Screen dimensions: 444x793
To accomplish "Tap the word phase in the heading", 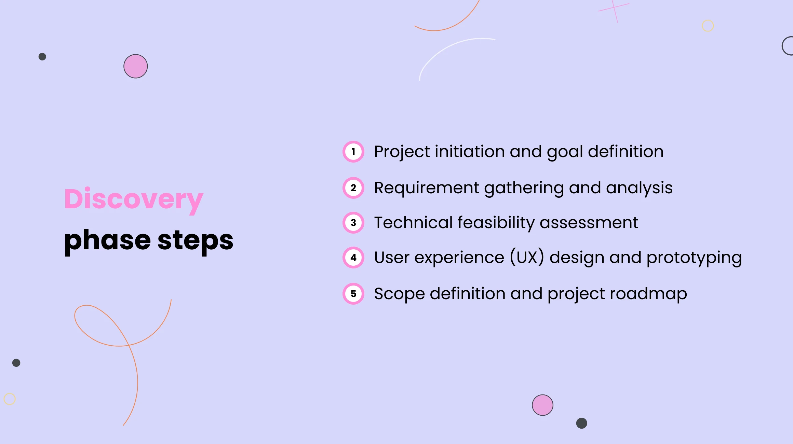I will click(107, 240).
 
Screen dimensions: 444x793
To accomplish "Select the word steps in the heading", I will click(195, 240).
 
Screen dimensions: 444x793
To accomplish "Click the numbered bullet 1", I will click(353, 152).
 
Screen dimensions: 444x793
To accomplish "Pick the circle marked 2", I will click(353, 188).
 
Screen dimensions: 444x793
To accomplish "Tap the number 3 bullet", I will click(353, 223).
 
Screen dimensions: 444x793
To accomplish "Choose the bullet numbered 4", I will click(353, 258).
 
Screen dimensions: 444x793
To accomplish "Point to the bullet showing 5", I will click(353, 294).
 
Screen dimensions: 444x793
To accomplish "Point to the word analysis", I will click(639, 188).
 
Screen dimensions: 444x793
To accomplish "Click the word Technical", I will click(413, 223).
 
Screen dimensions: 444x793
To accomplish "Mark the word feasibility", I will click(496, 223).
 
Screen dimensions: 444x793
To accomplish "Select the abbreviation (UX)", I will click(527, 258).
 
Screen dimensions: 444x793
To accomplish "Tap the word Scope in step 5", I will click(399, 294).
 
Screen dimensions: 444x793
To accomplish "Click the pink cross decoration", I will click(614, 10).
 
